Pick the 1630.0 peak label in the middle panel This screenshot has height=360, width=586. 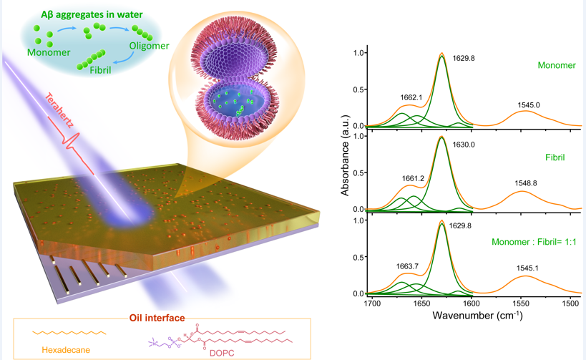[464, 144]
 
